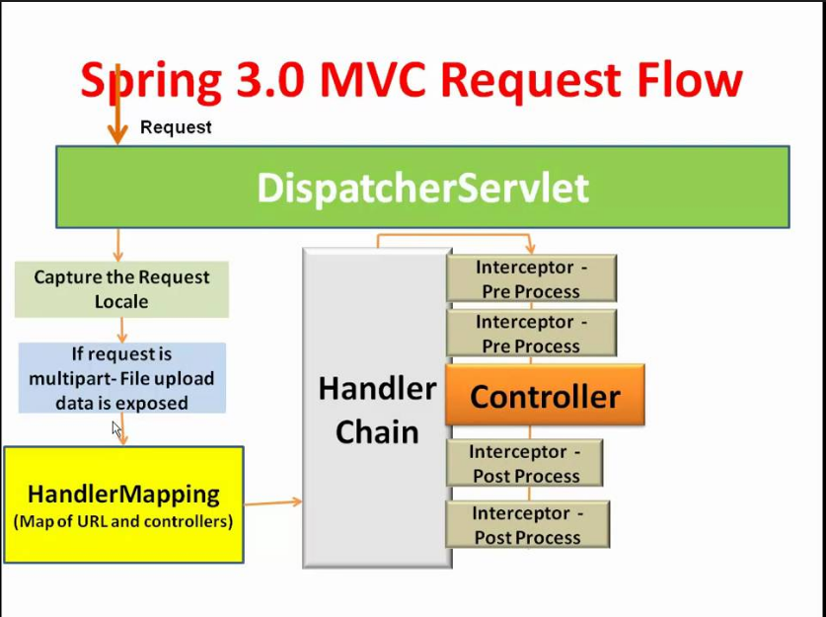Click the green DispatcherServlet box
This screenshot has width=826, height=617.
point(422,187)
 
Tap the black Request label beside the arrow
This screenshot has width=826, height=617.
point(176,127)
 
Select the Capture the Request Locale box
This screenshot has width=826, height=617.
point(121,289)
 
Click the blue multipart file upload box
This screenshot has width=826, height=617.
point(122,378)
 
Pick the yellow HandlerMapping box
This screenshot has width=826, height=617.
point(123,504)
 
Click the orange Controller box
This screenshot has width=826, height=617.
point(545,395)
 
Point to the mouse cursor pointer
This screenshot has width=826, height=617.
point(117,429)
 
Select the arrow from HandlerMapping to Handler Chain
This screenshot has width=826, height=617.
point(273,502)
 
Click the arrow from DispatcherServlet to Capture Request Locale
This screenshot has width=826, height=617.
point(118,245)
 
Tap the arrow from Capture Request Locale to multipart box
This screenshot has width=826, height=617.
point(121,330)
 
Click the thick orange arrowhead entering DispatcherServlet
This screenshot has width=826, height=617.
point(117,135)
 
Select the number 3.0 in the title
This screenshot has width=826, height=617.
point(270,80)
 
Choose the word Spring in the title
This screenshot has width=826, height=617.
point(151,83)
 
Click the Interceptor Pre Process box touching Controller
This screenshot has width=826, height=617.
point(532,333)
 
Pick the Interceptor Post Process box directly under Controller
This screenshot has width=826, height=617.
point(525,463)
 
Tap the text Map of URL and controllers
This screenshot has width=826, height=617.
point(123,521)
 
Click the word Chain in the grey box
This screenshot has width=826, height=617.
point(377,432)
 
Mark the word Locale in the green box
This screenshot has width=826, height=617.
point(121,302)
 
